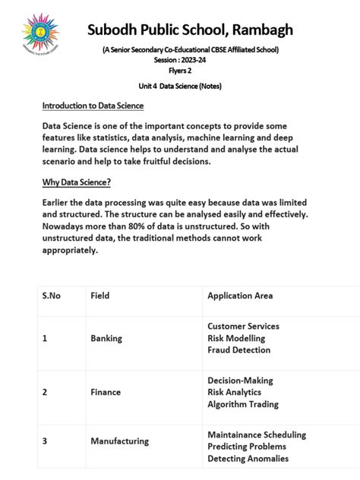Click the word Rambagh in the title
tap(255, 30)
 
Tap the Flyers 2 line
tap(180, 70)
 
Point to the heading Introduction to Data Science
tap(93, 106)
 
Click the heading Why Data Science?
tap(77, 182)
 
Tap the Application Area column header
tap(240, 295)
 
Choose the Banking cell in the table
tap(106, 338)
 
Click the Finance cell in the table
tap(106, 392)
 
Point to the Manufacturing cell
tap(119, 441)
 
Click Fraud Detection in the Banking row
tap(238, 350)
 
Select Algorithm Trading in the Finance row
tap(242, 404)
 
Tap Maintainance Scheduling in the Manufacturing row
tap(257, 434)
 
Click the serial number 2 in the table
tap(45, 392)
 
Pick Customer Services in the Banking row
tap(243, 326)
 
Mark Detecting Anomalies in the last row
tap(248, 459)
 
